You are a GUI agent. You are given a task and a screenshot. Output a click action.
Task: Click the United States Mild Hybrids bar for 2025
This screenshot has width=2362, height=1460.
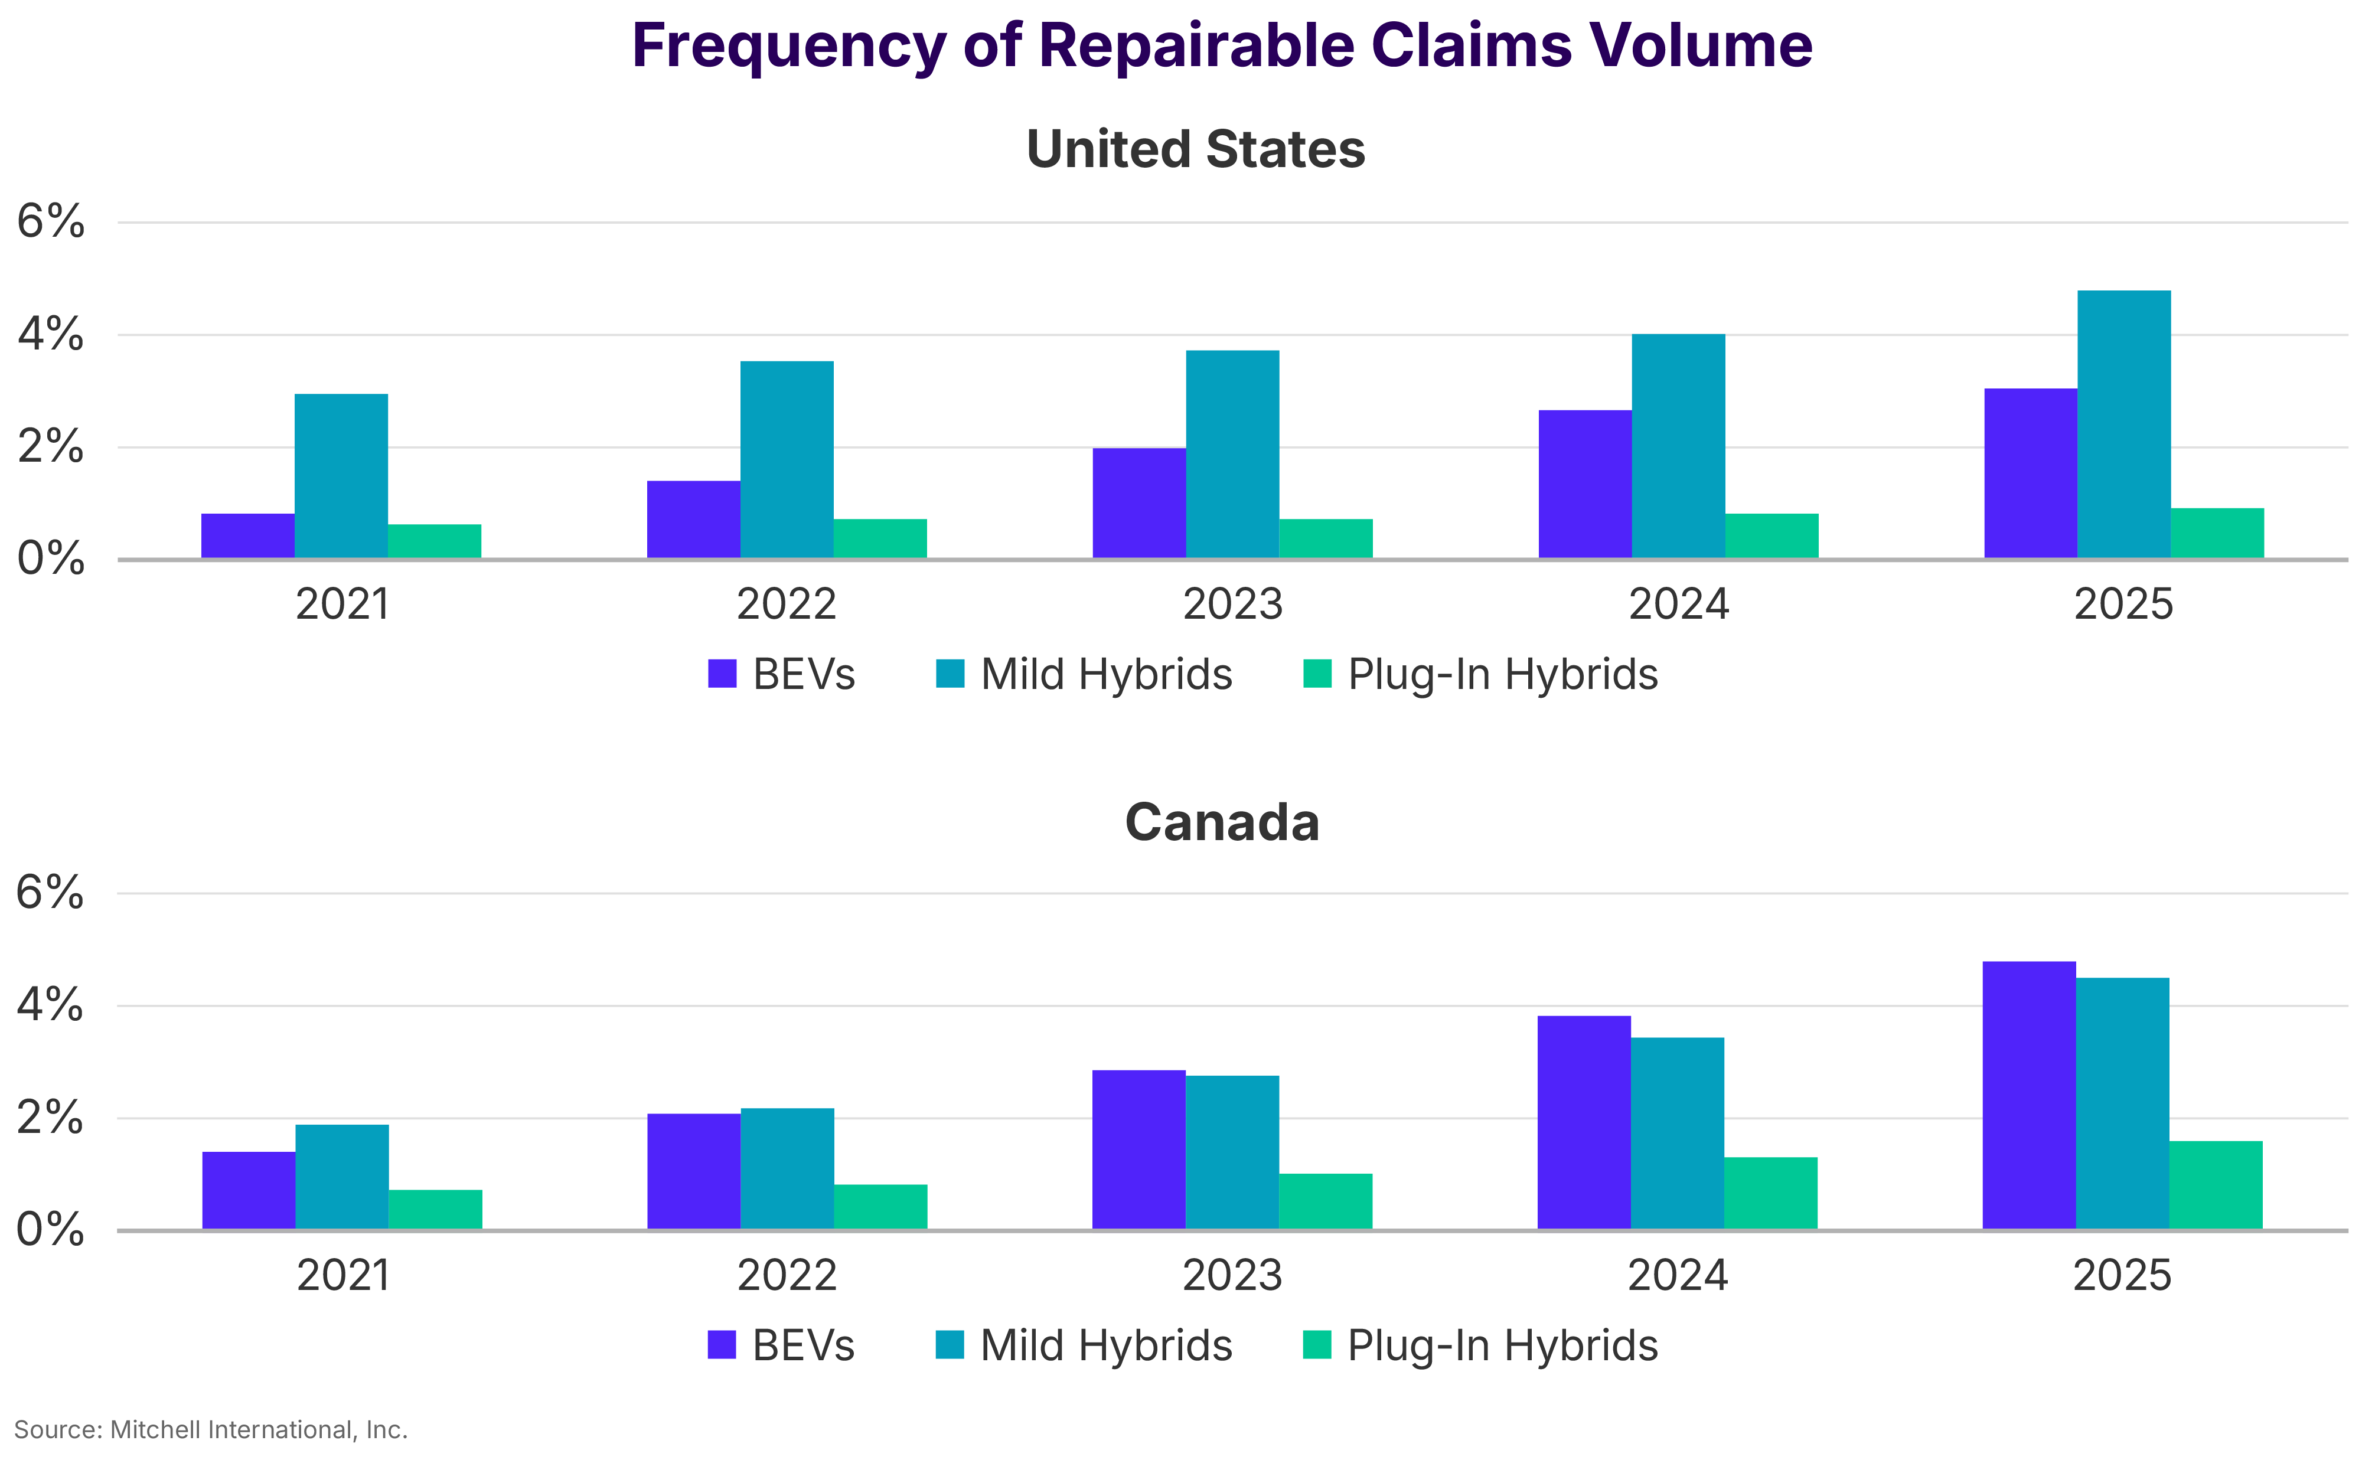2123,425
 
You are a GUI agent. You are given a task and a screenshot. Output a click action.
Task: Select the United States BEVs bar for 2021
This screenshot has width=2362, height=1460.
247,536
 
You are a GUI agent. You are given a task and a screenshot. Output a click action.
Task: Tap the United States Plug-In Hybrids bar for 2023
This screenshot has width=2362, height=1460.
1325,539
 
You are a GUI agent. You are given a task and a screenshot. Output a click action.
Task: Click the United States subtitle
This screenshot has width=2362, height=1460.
1196,150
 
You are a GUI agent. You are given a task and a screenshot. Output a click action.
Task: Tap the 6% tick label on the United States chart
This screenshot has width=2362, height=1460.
50,222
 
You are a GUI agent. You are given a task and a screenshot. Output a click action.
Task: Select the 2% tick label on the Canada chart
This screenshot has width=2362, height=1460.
50,1118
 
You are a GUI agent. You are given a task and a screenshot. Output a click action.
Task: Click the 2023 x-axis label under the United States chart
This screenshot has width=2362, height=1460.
1232,605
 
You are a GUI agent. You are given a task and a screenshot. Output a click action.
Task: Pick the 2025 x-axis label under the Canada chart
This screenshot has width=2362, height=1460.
2122,1276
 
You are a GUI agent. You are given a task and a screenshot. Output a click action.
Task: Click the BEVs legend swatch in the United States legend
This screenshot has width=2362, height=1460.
722,674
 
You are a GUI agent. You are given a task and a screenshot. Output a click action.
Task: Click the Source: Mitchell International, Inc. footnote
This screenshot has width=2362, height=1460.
211,1429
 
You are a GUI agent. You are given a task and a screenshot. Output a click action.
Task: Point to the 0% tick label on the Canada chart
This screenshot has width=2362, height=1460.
50,1230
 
